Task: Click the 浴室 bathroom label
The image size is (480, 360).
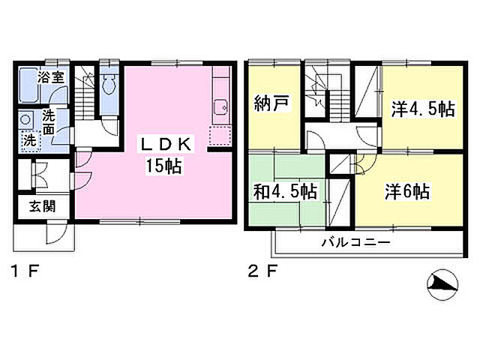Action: (x=50, y=76)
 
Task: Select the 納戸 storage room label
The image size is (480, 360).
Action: (x=272, y=104)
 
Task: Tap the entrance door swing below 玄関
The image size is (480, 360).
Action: (x=55, y=234)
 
